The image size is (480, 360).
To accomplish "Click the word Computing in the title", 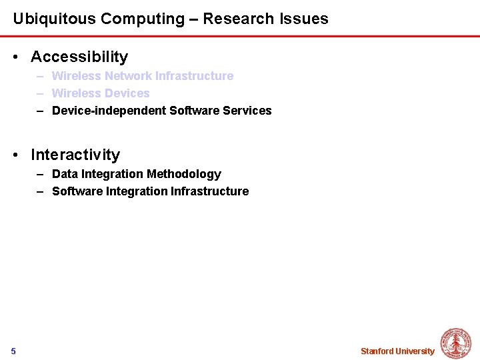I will tap(133, 19).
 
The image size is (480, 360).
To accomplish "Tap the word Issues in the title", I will tap(305, 19).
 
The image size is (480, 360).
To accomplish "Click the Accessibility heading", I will tap(79, 57).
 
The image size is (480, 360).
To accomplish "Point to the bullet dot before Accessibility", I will tap(16, 58).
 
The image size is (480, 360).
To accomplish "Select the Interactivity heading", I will tap(75, 155).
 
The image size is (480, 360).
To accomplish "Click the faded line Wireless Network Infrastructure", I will tap(143, 76).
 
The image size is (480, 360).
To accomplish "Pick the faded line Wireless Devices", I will tap(101, 93).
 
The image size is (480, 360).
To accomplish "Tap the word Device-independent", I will tap(109, 111).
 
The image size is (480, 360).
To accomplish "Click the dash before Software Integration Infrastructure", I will tap(40, 191).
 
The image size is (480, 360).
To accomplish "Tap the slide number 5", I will tap(13, 351).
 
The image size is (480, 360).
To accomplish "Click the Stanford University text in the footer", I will tap(397, 351).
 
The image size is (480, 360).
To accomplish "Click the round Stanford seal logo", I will tap(456, 343).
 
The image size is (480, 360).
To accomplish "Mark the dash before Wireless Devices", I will tap(40, 93).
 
